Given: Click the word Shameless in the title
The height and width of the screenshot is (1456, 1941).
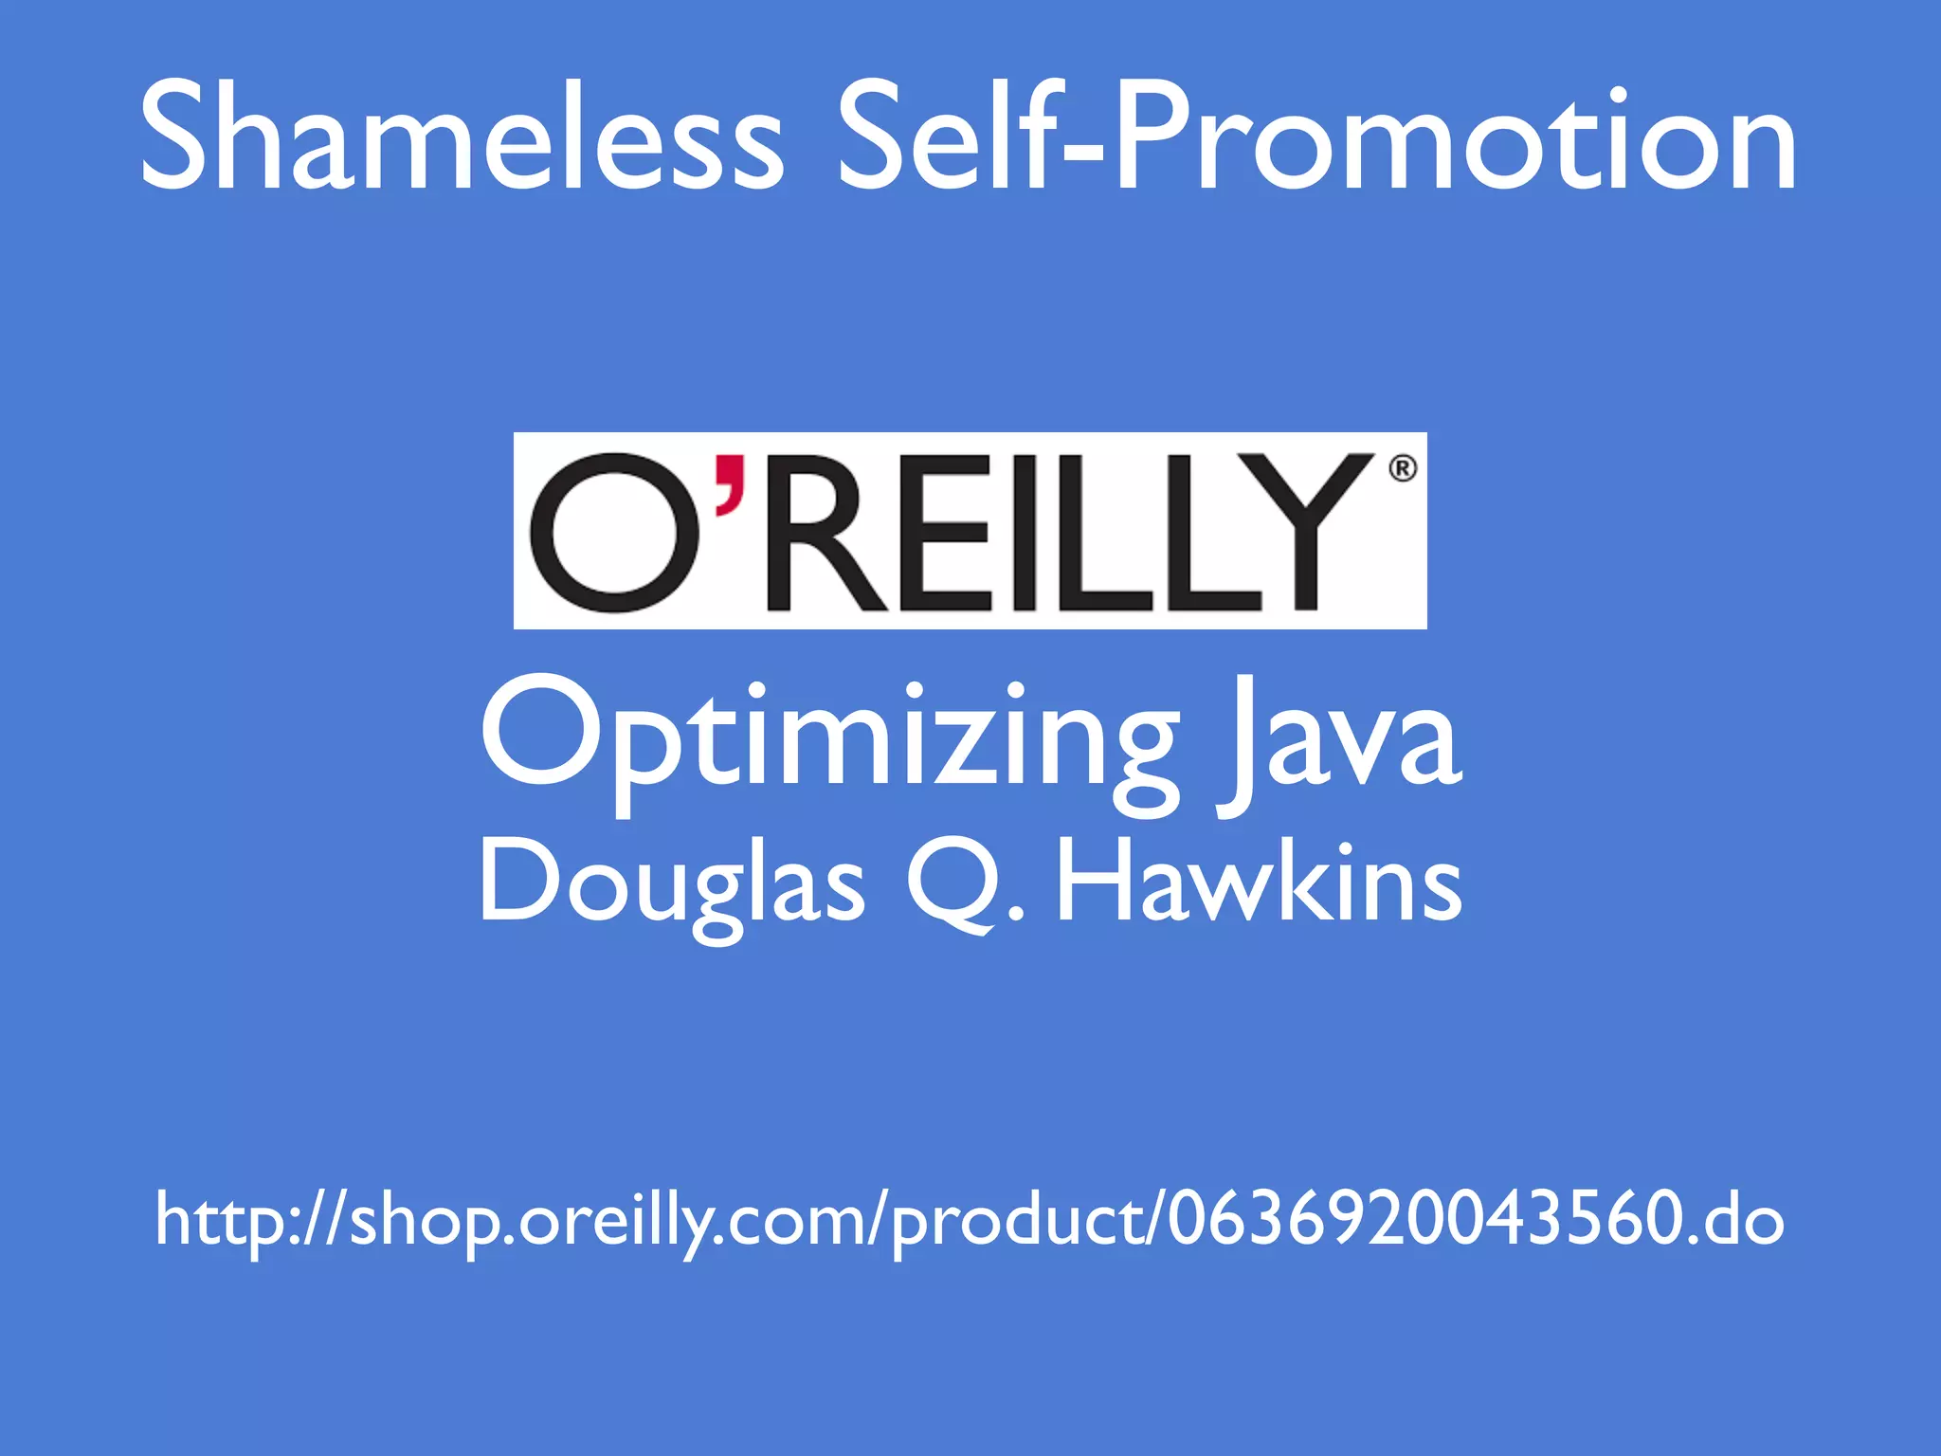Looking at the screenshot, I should pyautogui.click(x=462, y=137).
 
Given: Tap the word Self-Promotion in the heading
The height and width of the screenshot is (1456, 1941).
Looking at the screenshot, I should pyautogui.click(x=1315, y=137).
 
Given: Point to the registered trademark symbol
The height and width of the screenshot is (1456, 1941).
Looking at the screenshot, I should pyautogui.click(x=1403, y=468).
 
